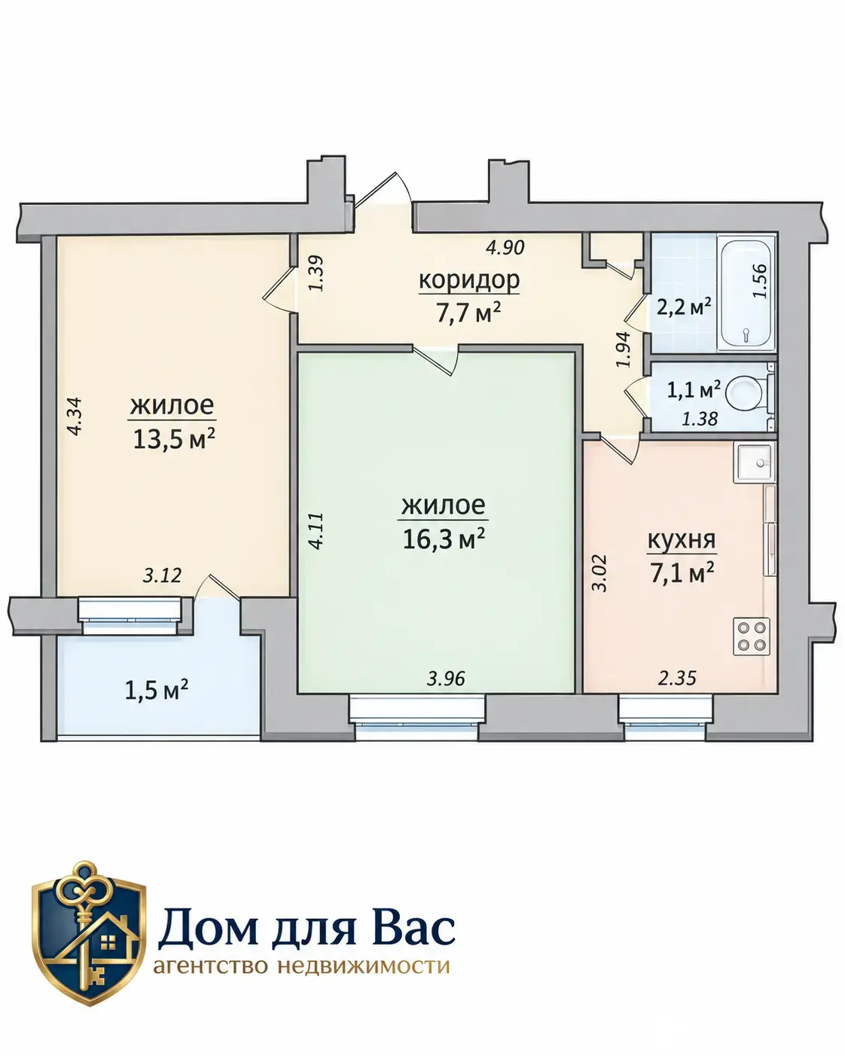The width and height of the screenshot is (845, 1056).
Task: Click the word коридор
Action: pos(469,280)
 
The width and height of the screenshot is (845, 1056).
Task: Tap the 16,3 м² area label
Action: pos(444,539)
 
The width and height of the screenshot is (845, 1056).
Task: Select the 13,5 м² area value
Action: pos(174,439)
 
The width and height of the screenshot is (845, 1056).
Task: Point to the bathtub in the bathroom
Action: pos(746,292)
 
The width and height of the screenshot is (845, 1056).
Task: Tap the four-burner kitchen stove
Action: pos(752,636)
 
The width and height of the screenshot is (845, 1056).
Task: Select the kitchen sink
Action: pos(755,462)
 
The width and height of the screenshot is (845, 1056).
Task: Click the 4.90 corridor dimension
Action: pos(505,247)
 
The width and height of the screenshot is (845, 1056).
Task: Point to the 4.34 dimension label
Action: pos(76,416)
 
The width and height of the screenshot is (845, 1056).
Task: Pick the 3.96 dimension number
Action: pos(446,679)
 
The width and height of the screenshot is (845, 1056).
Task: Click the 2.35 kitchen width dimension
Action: pos(677,678)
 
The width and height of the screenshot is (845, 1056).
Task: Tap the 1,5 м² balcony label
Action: pos(157,691)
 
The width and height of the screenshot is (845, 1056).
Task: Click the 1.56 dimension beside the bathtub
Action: pos(759,281)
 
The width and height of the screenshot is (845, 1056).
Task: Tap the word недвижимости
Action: pos(363,966)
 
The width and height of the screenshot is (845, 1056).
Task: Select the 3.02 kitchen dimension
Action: pos(599,572)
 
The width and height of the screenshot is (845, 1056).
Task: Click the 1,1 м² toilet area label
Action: pos(694,390)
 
